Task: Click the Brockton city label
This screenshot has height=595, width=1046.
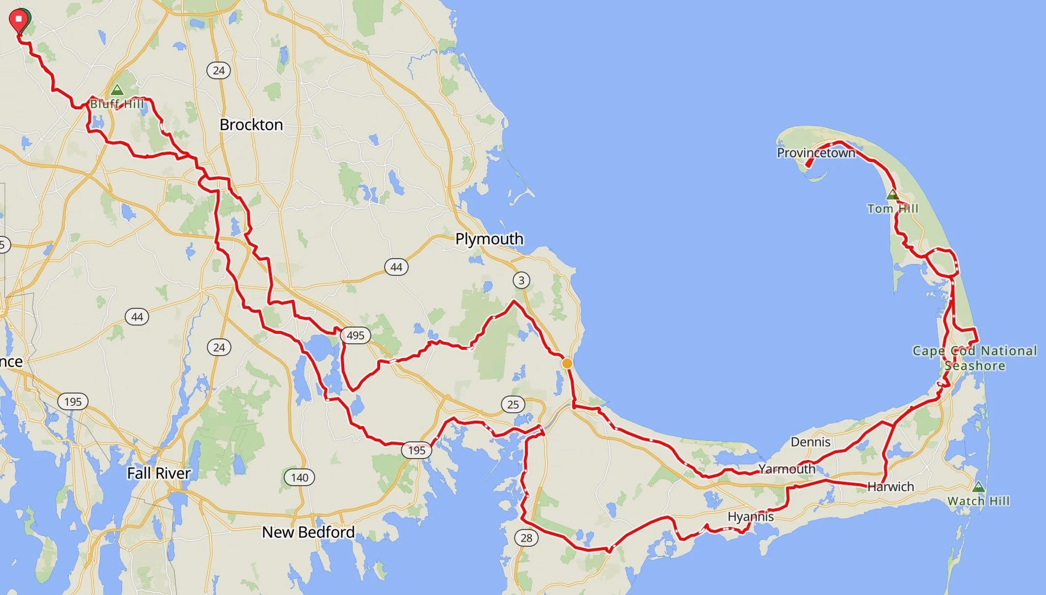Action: click(x=251, y=125)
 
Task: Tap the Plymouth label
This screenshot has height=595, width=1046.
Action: click(x=489, y=239)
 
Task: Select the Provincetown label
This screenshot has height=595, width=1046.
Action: click(x=816, y=153)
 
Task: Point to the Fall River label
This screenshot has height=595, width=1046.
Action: click(x=159, y=473)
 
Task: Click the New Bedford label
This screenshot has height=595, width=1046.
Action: click(x=308, y=532)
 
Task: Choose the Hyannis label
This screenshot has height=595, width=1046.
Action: click(x=751, y=517)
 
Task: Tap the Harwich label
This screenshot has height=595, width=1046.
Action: click(x=890, y=487)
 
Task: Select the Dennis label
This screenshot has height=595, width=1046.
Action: click(x=811, y=442)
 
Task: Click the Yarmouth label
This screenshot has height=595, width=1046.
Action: click(x=786, y=469)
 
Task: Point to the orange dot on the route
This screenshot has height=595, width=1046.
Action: click(x=567, y=364)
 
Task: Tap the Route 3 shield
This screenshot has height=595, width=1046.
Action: click(x=522, y=280)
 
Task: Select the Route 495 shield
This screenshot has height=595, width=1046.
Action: click(x=355, y=335)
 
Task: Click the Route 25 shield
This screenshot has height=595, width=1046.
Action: click(x=513, y=404)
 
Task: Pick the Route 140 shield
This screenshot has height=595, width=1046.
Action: click(x=299, y=477)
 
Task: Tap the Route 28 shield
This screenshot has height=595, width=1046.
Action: click(x=526, y=537)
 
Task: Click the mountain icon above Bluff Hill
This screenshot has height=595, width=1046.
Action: click(x=117, y=90)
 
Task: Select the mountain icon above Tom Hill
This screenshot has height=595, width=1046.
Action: click(x=892, y=195)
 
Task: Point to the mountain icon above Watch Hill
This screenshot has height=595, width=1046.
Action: click(x=978, y=487)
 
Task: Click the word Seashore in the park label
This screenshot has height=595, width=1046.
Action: click(x=975, y=365)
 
